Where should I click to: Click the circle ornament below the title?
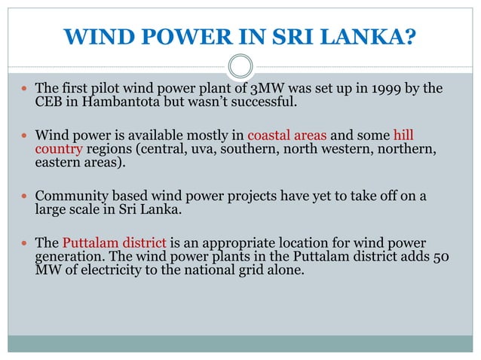(240, 66)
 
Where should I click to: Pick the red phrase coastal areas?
(287, 136)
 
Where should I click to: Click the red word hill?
(403, 136)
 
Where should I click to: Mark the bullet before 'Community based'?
(25, 197)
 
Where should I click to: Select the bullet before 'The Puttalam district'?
(25, 243)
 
